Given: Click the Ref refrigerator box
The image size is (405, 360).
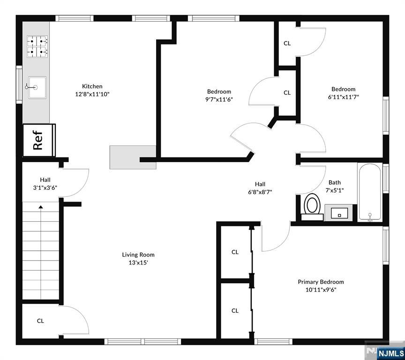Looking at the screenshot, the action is coord(39,140).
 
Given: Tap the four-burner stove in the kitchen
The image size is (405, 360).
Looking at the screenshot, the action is coord(37,46).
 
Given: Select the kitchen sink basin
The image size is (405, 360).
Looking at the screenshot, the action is coord(37,87).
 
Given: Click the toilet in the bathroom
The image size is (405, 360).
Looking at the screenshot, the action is coord(312,207).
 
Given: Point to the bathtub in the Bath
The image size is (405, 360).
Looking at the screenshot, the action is coord(370,192).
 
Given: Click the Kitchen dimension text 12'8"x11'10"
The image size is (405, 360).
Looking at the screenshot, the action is coord(92,94).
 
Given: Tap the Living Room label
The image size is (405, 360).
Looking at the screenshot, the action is coord(138,255).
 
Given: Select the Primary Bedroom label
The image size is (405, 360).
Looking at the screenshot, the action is coord(321,282).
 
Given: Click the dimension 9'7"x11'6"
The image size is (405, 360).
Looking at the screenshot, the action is coord(219,99).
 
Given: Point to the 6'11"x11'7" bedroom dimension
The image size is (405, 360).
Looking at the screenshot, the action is coord(343,97).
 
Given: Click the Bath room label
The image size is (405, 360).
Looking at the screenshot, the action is coord(335,182).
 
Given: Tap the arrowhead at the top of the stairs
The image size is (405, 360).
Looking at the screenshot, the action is coord(41,207).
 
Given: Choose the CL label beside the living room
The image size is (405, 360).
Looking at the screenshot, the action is coord(40,321).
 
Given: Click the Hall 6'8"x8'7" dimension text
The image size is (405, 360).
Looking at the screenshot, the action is coord(260,192).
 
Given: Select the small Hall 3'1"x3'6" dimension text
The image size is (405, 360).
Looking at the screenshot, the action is coord(45,188).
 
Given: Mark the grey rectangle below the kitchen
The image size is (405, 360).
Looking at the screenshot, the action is coord(133,157).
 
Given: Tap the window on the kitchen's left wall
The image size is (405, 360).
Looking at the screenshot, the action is coord(19,84).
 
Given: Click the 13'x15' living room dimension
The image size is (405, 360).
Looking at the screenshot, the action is coord(138,262).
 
